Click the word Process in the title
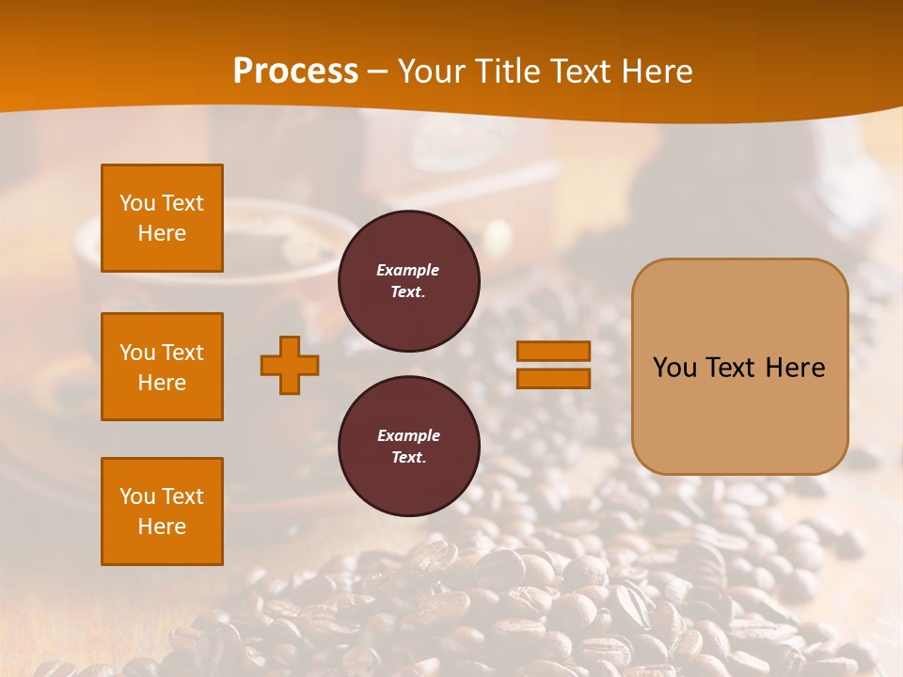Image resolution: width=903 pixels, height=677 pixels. tap(295, 71)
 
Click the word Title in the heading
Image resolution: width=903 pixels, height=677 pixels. tap(504, 71)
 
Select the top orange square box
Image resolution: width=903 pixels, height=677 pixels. tap(162, 218)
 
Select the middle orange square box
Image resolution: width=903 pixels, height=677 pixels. tap(162, 367)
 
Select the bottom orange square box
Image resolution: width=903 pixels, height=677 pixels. tap(162, 512)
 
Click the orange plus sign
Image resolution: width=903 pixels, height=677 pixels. tap(290, 365)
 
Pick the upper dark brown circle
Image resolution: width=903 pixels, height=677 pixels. tap(409, 281)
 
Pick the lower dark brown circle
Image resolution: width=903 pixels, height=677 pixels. tap(409, 447)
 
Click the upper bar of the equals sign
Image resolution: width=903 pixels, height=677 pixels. tap(554, 352)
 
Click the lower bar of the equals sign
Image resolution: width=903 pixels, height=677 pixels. tap(554, 378)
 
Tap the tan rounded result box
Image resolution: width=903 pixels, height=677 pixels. tap(739, 414)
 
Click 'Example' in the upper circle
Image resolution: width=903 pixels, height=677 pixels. tap(408, 271)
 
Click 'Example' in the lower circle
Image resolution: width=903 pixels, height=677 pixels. tap(408, 436)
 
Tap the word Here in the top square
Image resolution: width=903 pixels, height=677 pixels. tap(162, 233)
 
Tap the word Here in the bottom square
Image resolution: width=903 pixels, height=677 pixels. tap(162, 527)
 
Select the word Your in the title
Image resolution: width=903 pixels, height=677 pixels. tap(431, 71)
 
